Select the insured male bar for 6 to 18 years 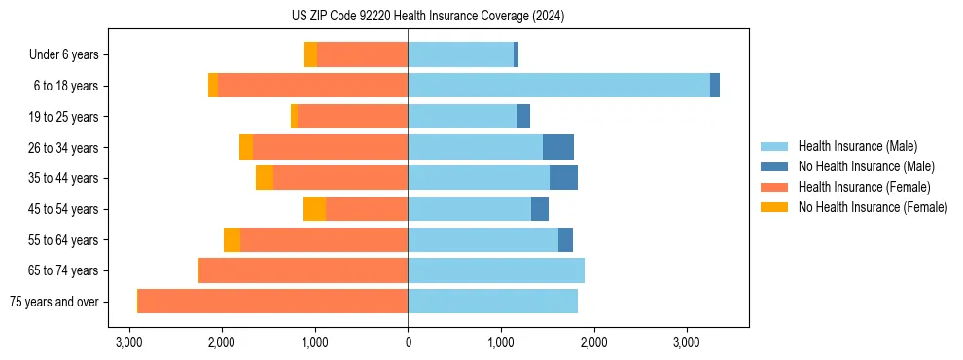558,86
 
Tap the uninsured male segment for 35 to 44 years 563,178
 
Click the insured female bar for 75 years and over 272,302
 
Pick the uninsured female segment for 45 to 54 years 314,209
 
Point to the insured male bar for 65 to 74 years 496,270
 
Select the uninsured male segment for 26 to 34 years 558,147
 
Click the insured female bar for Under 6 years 362,55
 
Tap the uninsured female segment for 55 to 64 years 232,240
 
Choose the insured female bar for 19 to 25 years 352,117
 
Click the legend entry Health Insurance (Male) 857,146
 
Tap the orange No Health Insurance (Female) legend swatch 774,207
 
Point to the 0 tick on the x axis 408,342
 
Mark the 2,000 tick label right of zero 593,342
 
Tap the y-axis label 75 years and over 53,302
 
